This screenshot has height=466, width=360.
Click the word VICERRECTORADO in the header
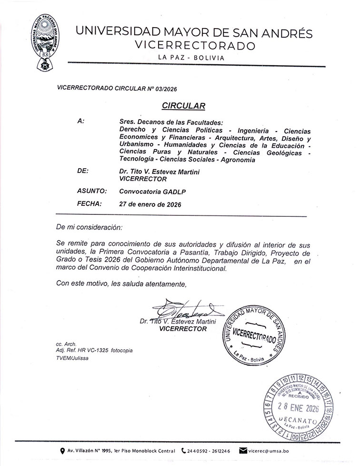(x=196, y=45)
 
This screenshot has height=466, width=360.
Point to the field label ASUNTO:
(x=91, y=190)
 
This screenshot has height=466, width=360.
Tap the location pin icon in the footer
(x=62, y=451)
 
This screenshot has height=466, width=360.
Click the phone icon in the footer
(x=184, y=451)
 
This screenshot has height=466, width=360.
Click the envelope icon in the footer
(x=242, y=451)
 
